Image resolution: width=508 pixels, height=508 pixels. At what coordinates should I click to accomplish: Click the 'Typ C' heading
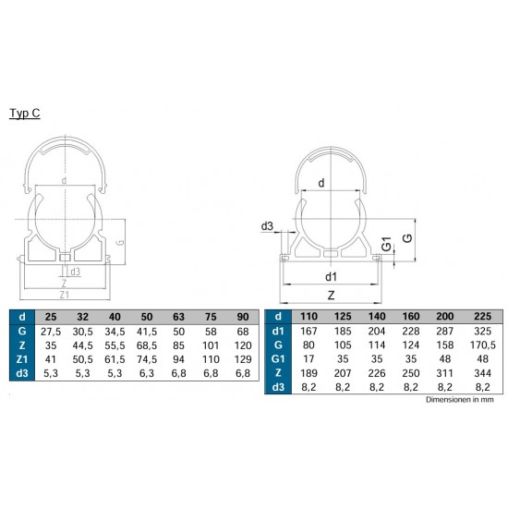25,113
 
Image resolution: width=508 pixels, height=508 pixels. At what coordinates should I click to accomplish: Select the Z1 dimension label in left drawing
64,295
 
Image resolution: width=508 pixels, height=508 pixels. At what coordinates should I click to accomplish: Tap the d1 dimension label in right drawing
331,277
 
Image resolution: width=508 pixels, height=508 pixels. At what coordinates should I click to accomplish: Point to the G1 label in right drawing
386,244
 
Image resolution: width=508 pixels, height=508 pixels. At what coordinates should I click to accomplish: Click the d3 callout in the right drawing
267,226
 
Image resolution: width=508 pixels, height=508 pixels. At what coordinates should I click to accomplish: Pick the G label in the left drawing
119,242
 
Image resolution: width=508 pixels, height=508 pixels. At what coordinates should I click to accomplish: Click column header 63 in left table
178,317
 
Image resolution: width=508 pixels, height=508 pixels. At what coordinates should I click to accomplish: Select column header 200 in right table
445,316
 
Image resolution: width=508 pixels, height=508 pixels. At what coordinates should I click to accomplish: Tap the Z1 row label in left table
22,359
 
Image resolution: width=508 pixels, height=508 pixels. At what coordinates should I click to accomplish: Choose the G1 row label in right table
278,359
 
